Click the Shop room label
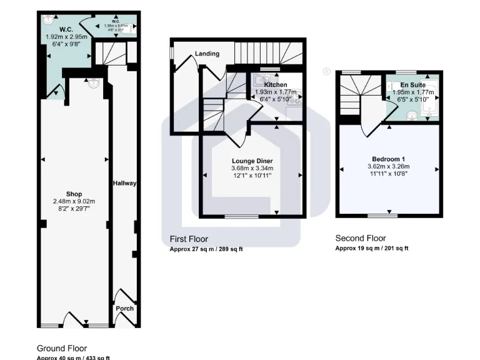click(74, 194)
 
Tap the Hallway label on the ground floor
click(124, 183)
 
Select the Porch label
click(124, 308)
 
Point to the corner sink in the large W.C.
click(48, 20)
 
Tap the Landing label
click(207, 54)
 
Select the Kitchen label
click(276, 84)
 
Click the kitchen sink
click(261, 81)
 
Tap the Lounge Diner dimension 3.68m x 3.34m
click(252, 168)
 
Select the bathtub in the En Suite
click(432, 100)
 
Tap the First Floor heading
click(189, 239)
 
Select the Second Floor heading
click(361, 238)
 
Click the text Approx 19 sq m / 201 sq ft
click(372, 248)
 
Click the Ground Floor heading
click(62, 348)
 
